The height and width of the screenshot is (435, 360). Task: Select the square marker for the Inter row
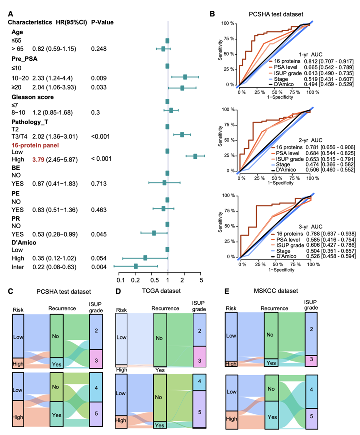[136, 266]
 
